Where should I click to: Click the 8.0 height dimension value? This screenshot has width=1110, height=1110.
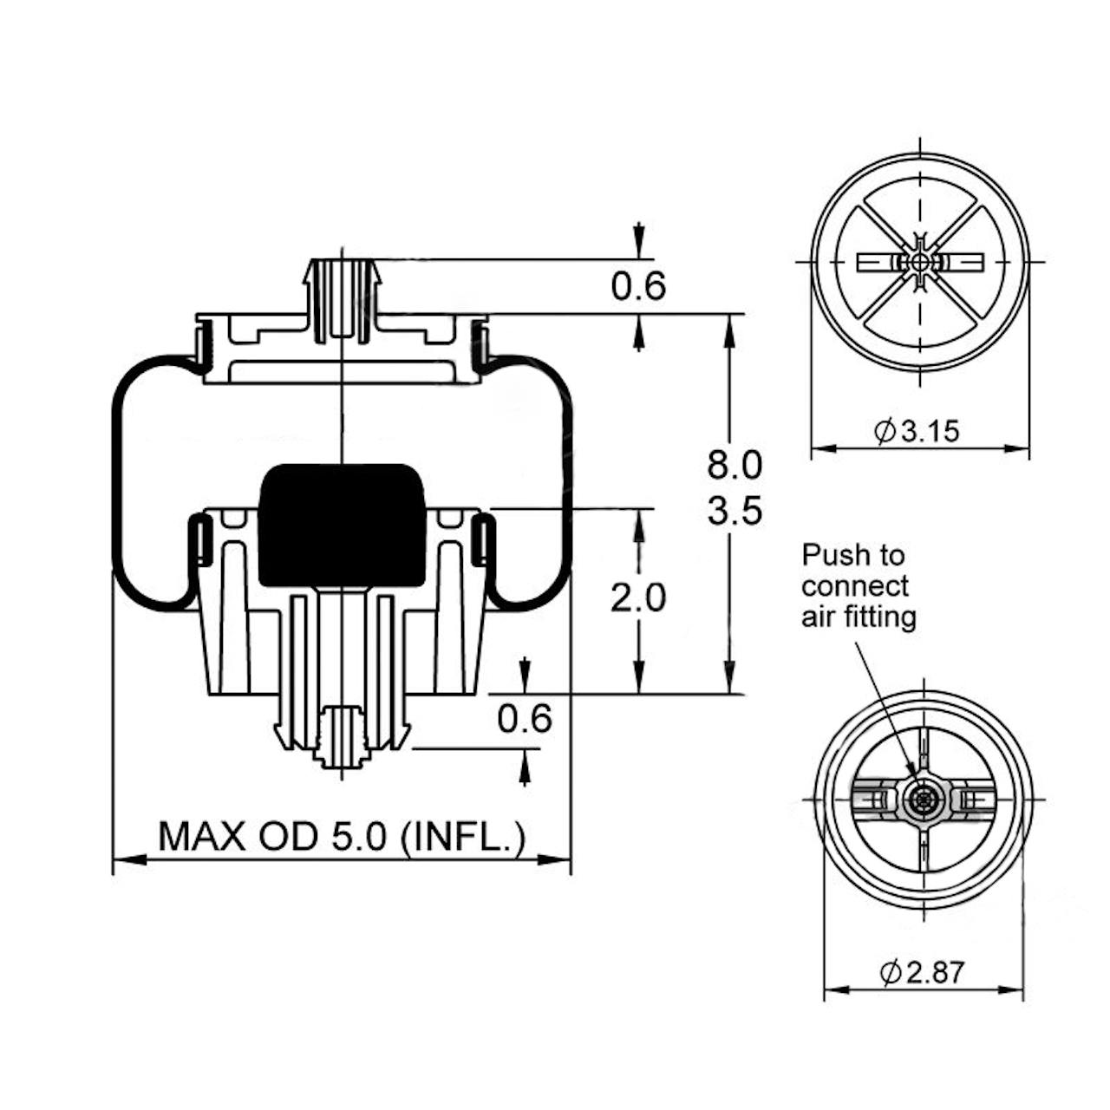pyautogui.click(x=735, y=465)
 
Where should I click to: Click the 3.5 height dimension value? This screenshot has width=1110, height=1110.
pyautogui.click(x=735, y=511)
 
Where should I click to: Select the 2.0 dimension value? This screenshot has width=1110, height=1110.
pyautogui.click(x=638, y=597)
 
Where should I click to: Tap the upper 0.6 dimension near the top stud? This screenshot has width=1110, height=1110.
pyautogui.click(x=638, y=285)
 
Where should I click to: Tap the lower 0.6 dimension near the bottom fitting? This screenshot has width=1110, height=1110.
pyautogui.click(x=525, y=718)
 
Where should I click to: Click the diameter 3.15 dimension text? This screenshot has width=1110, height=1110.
pyautogui.click(x=919, y=431)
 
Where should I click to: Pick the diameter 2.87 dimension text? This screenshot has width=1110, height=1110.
pyautogui.click(x=923, y=973)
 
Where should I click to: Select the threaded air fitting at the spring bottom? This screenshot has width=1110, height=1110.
pyautogui.click(x=341, y=737)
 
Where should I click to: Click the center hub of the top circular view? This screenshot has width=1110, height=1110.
pyautogui.click(x=920, y=261)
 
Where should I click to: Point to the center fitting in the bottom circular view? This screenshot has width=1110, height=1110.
pyautogui.click(x=922, y=799)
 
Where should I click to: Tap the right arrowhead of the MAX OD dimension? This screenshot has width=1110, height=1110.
pyautogui.click(x=557, y=859)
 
